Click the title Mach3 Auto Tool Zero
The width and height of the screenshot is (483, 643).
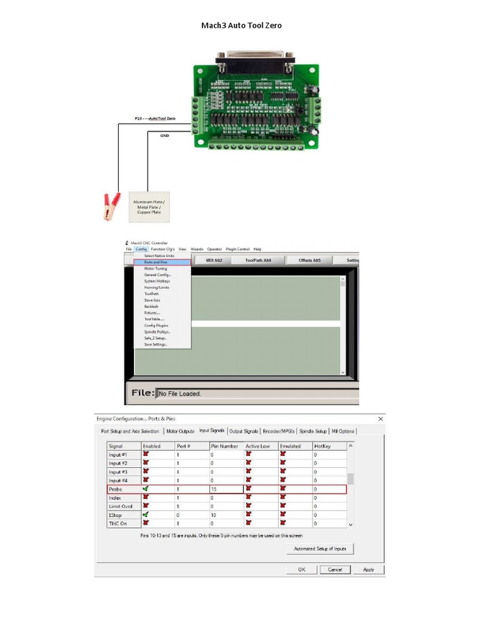click(241, 25)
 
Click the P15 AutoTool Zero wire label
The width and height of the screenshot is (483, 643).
click(155, 118)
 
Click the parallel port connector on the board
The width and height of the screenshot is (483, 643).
click(255, 62)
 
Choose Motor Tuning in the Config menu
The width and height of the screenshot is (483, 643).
click(155, 269)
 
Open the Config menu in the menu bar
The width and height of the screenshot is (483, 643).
click(141, 249)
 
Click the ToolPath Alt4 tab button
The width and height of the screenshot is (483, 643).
click(258, 260)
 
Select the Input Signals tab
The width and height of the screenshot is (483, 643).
click(211, 431)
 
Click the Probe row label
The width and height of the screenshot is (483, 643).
click(116, 489)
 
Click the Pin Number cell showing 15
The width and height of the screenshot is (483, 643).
click(226, 489)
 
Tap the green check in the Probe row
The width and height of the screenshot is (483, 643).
click(146, 489)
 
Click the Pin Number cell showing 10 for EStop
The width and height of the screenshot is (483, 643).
click(226, 515)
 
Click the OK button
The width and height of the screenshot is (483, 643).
click(301, 570)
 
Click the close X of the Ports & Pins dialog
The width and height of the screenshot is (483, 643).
click(380, 418)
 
